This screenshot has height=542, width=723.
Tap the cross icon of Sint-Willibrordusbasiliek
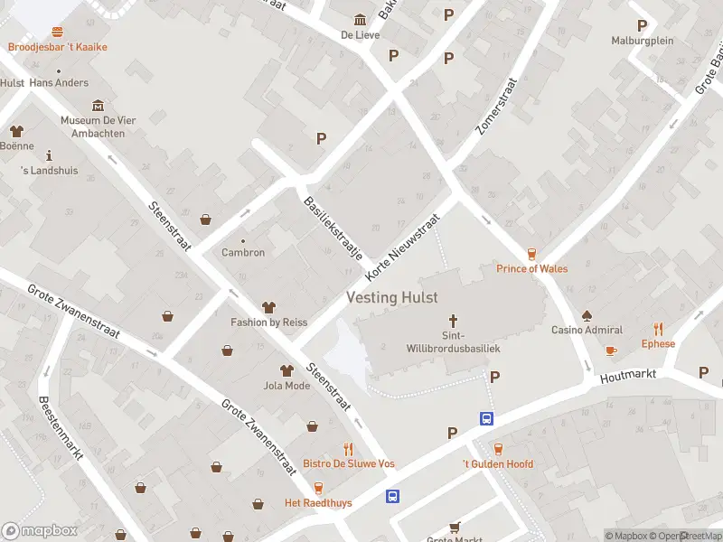[454, 321]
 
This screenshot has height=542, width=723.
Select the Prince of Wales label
[532, 268]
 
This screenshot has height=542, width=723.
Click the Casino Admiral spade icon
[587, 316]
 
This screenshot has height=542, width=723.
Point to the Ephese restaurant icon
[658, 330]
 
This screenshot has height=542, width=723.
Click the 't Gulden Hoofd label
[498, 464]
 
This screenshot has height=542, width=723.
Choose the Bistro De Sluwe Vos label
[349, 463]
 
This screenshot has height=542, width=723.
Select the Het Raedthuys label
[318, 502]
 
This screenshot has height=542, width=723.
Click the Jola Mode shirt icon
[286, 370]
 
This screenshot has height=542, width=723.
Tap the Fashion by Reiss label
[268, 322]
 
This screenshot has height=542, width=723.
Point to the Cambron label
[243, 253]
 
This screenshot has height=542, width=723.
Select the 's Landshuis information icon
[49, 155]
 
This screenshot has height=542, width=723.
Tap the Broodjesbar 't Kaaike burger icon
[58, 32]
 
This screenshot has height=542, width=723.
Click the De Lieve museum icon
[361, 20]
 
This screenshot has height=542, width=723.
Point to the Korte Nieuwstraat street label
[402, 247]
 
